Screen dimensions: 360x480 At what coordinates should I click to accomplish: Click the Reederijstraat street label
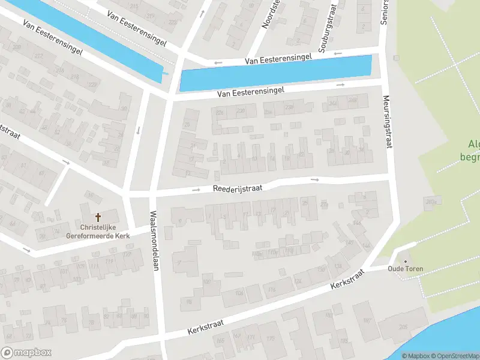tap(238, 188)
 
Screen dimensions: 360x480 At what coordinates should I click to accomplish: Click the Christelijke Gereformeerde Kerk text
tap(98, 231)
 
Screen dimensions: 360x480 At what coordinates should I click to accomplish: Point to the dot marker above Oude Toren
tap(405, 261)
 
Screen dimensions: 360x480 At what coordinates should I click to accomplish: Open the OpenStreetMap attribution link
tap(454, 356)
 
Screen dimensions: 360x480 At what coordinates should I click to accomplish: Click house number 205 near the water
tap(403, 326)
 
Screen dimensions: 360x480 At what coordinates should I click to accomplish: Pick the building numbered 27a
tap(324, 205)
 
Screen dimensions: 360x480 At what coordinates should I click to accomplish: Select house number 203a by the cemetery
tap(431, 202)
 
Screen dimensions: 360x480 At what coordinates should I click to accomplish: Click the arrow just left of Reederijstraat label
tap(196, 190)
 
